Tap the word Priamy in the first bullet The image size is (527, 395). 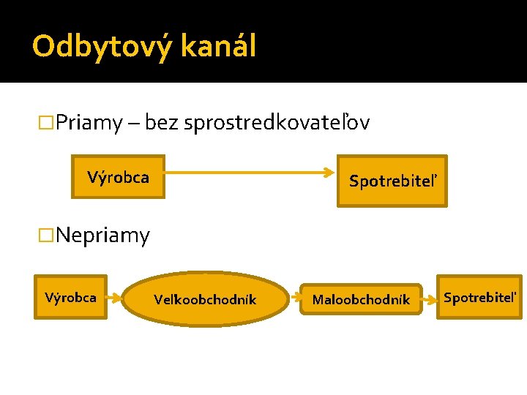pos(89,123)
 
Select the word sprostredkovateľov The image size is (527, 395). pos(277,123)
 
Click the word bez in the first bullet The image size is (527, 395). pos(162,123)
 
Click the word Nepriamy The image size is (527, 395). pos(102,236)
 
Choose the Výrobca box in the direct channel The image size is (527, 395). pos(118,177)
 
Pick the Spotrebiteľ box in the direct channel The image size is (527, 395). pos(392,181)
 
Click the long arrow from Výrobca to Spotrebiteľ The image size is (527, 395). pos(249,174)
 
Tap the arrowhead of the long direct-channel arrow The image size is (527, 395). pos(329,174)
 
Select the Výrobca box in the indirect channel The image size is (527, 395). pos(70,297)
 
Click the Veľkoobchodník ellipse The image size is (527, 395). pos(205,298)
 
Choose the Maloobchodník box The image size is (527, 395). pos(361,299)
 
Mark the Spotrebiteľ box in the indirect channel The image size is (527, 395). pos(479,297)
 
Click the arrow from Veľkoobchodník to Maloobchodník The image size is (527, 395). pos(294,298)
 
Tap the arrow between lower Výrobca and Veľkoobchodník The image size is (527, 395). pos(114,298)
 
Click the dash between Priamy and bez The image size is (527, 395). pos(135,124)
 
